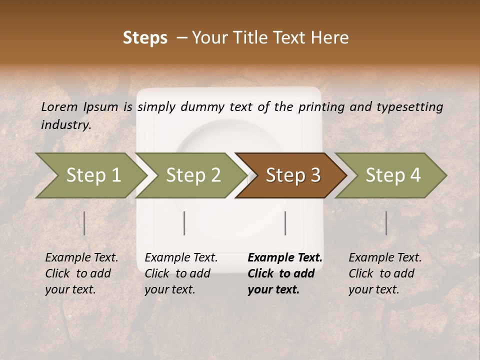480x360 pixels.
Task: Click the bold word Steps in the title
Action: point(145,37)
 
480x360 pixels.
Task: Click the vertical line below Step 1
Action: point(84,223)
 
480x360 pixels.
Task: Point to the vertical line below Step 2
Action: point(184,223)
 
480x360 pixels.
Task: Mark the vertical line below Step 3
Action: point(285,223)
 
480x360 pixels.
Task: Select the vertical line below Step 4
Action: point(386,223)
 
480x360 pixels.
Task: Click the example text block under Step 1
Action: point(81,273)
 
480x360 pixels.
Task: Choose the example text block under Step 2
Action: point(181,273)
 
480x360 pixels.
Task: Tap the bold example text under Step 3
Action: point(285,273)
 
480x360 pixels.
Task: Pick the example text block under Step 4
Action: point(385,273)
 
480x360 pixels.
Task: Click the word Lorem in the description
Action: point(59,106)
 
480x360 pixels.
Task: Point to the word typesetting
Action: point(411,106)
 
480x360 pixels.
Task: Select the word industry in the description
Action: point(65,124)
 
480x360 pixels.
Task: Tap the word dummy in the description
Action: point(203,106)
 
